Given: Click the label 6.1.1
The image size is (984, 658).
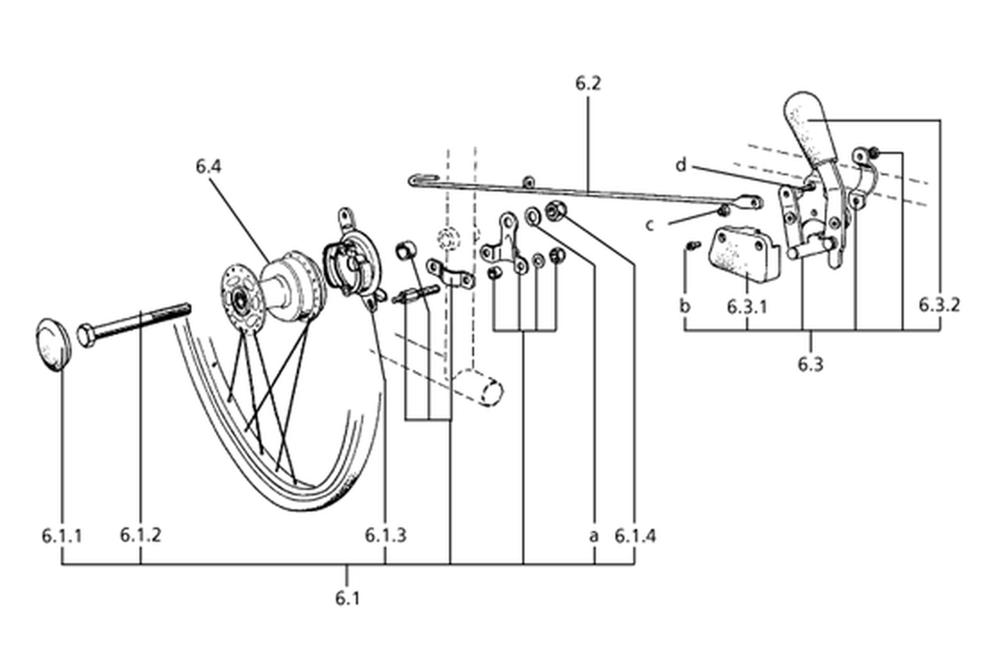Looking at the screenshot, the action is pyautogui.click(x=62, y=536).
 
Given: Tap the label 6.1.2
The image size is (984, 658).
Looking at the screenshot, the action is pyautogui.click(x=140, y=535).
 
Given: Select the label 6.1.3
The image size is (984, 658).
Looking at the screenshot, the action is pyautogui.click(x=386, y=535).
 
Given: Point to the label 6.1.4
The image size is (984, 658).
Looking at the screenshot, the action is pyautogui.click(x=635, y=536).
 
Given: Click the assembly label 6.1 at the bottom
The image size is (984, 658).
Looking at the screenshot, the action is pyautogui.click(x=347, y=598).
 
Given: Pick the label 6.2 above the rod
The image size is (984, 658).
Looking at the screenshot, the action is pyautogui.click(x=588, y=83).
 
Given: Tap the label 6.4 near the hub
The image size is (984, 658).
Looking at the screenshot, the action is pyautogui.click(x=208, y=166).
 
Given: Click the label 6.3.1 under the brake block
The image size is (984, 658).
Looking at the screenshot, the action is pyautogui.click(x=747, y=308).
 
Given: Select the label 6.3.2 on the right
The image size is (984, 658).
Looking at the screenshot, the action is pyautogui.click(x=939, y=305).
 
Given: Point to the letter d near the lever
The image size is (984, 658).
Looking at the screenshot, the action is pyautogui.click(x=681, y=165).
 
